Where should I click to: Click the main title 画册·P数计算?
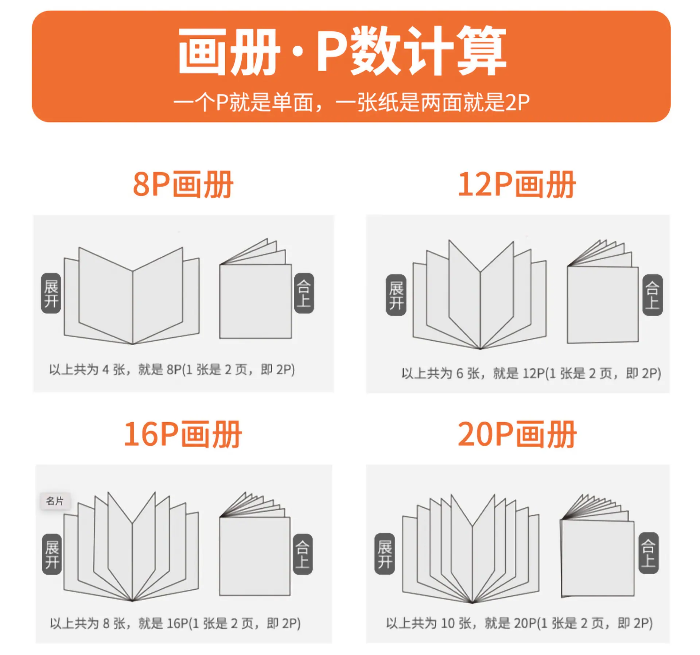pos(342,51)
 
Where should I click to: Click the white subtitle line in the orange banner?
pos(351,102)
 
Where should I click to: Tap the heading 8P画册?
pos(183,185)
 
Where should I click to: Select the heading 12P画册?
pos(517,185)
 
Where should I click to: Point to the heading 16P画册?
pos(183,434)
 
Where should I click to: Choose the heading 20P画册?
pos(517,434)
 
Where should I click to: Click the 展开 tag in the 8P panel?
pos(51,293)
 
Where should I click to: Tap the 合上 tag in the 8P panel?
pos(304,293)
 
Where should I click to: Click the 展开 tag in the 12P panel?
pos(396,295)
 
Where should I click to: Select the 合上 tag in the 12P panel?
pos(653,295)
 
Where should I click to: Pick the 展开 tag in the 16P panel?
pos(52,554)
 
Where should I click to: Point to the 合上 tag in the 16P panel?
pos(303,554)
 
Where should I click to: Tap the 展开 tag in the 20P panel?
pos(385,554)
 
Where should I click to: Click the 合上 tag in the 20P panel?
pos(649,553)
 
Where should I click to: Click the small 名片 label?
pos(55,501)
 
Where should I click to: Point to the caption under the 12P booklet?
pos(531,373)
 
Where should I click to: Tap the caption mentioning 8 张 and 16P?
pos(175,623)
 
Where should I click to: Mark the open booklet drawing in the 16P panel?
pos(131,546)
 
